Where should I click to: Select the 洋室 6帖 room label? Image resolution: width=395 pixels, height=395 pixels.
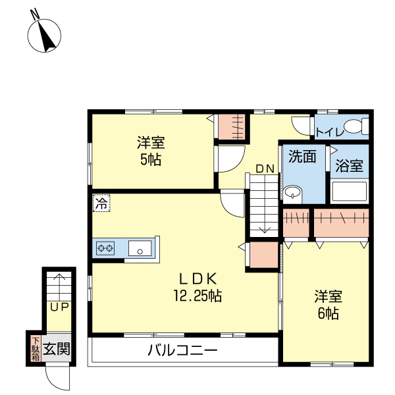coord(327,305)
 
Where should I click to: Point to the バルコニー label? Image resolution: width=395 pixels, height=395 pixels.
coord(182,350)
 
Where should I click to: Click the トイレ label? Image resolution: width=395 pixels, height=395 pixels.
coord(328,132)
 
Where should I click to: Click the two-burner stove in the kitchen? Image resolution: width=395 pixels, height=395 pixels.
coord(105,248)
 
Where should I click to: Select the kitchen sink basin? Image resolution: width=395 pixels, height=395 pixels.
coord(140,248)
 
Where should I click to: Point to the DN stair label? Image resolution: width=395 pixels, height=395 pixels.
coord(265,169)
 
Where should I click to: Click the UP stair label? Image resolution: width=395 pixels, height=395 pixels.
coord(59,307)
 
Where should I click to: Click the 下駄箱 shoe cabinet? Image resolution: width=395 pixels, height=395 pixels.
coord(35,348)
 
